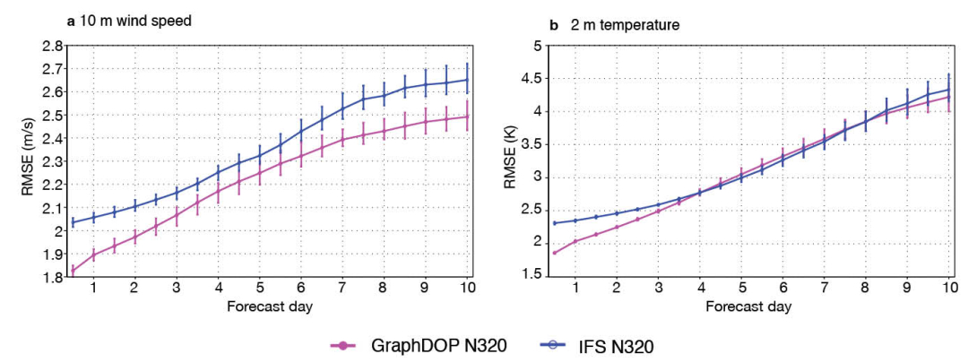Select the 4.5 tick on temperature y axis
pos(534,79)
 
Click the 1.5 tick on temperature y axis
pos(534,275)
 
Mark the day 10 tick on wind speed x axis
pos(470,290)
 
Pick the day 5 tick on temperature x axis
pos(742,290)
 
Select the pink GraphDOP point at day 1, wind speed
pos(93,255)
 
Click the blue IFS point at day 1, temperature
pos(575,220)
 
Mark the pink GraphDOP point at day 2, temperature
pos(617,227)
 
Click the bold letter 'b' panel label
pos(550,25)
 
